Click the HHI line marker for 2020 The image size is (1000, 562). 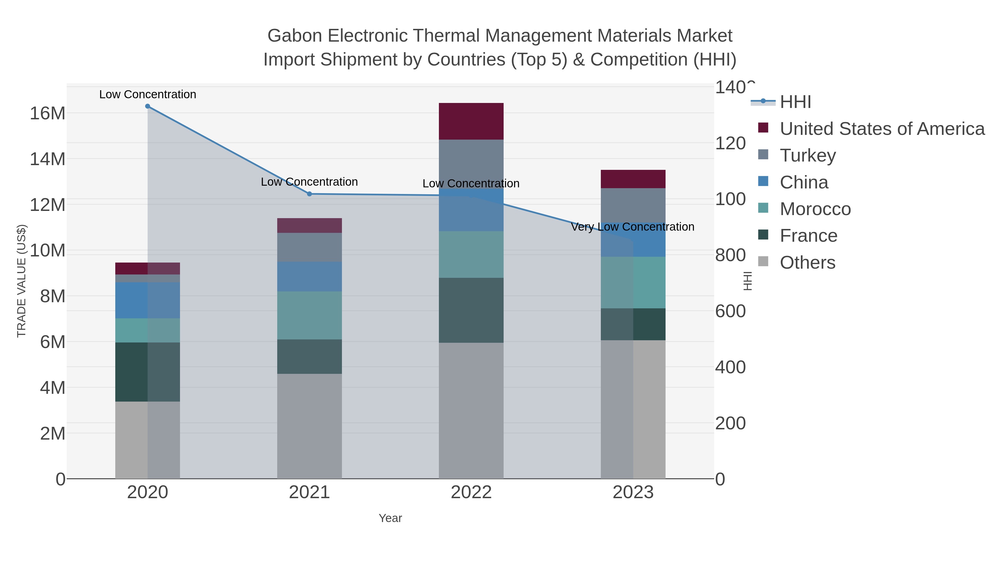(147, 106)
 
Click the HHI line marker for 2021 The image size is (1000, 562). (309, 194)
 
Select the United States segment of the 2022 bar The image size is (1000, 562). (471, 121)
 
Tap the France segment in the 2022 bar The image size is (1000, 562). (471, 310)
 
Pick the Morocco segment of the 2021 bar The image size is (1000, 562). (309, 315)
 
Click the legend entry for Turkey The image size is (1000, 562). (807, 155)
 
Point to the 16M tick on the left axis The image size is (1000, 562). (47, 113)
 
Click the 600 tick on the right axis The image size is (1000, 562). (730, 311)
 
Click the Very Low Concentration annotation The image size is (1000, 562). (632, 227)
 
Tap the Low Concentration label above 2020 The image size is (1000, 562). (147, 94)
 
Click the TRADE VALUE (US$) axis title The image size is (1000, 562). (22, 281)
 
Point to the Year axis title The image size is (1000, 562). (390, 518)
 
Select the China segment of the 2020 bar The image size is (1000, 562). (147, 300)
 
